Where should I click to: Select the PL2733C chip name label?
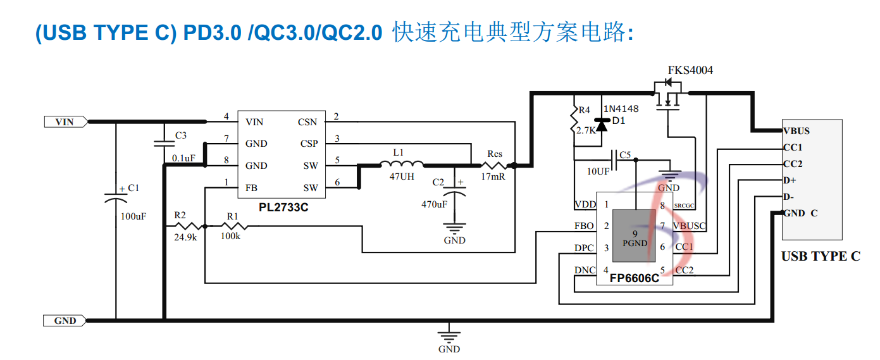coord(283,208)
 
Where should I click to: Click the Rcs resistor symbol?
coord(494,166)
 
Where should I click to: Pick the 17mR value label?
coord(493,177)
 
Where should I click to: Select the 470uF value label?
coord(435,204)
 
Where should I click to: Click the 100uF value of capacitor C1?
coord(133,216)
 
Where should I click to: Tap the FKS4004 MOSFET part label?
coord(690,70)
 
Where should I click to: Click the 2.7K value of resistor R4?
coord(585,131)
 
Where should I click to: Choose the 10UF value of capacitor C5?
coord(598,171)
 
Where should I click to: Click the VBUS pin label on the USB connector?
coord(796,131)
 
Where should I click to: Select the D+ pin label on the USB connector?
coord(790,180)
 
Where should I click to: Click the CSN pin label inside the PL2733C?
coord(307,122)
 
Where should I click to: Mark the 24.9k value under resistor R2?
coord(185,237)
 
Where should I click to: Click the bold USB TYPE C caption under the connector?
coord(821,256)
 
